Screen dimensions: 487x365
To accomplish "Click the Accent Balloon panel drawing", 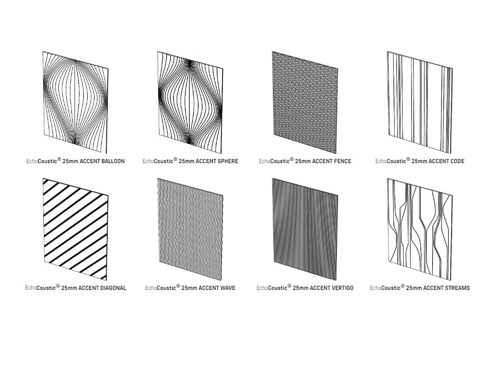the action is click(x=76, y=103).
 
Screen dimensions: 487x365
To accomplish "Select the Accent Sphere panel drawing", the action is click(x=190, y=103).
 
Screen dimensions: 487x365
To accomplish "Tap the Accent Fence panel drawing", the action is click(x=305, y=103).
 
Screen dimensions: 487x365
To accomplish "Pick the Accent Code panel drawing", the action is click(x=420, y=103).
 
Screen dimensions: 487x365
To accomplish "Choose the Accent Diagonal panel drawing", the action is click(x=76, y=229).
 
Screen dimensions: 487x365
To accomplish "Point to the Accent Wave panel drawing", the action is click(x=190, y=229).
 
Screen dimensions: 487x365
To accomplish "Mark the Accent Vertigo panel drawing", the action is click(x=305, y=229).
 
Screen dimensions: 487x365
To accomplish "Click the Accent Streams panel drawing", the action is click(x=420, y=229).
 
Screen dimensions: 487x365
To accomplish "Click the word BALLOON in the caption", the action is click(x=113, y=161).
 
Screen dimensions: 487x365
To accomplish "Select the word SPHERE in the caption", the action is click(x=228, y=161).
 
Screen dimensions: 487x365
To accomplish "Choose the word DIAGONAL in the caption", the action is click(x=113, y=288).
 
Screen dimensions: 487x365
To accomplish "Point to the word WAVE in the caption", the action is click(x=228, y=288).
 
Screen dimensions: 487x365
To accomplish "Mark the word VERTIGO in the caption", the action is click(x=342, y=288).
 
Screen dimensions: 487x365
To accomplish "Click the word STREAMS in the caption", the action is click(x=458, y=288).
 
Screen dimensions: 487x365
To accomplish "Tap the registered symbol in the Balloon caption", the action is click(x=59, y=159).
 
